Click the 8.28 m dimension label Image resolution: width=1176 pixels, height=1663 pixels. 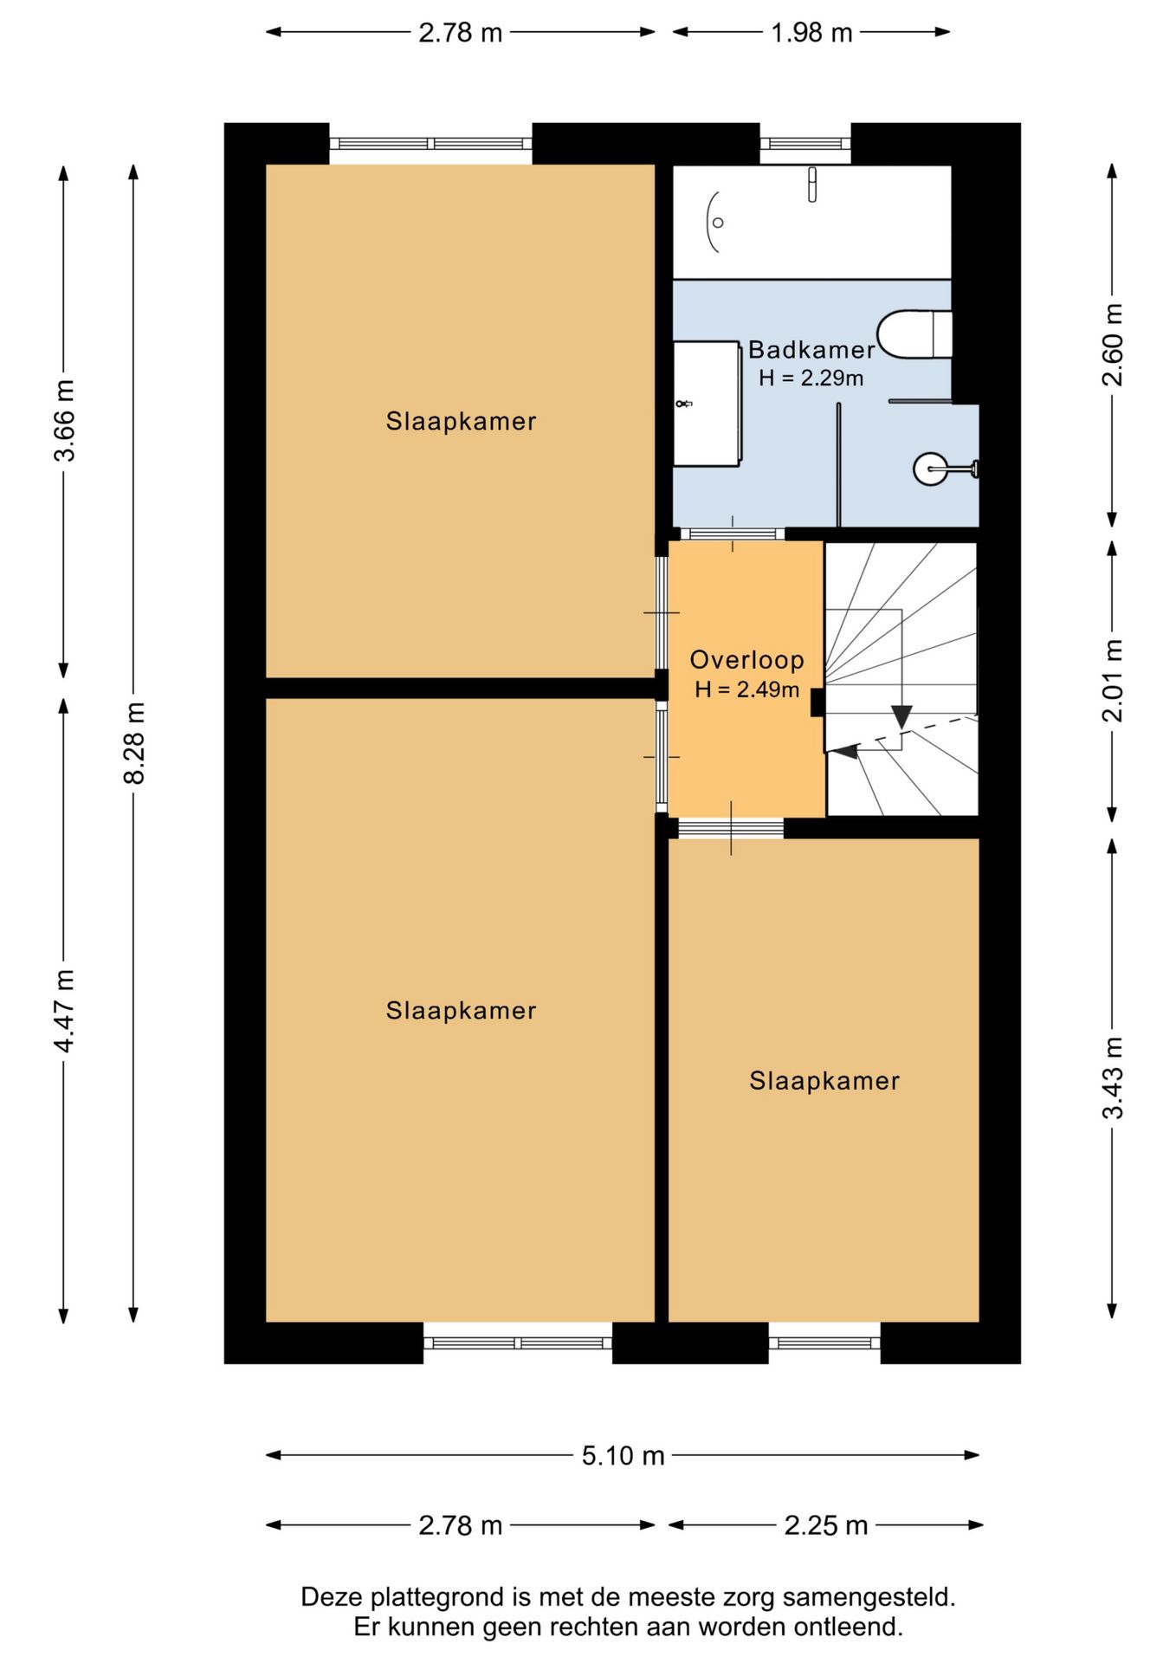point(135,743)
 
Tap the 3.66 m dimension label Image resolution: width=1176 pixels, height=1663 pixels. point(65,420)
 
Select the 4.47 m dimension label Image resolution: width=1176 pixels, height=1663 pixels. point(65,1011)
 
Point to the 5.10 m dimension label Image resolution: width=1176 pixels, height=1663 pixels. point(623,1455)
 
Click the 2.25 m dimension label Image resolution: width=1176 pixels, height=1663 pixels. point(825,1525)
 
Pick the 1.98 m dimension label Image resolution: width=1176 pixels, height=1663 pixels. point(811,33)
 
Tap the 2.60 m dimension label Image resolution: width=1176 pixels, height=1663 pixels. point(1113,345)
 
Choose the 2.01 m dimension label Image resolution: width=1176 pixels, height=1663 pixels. point(1113,681)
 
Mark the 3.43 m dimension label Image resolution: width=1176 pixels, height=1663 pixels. point(1113,1077)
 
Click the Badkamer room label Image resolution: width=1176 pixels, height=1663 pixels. point(811,350)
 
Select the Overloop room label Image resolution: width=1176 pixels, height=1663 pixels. point(746,660)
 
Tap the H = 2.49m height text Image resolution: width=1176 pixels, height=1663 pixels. point(746,689)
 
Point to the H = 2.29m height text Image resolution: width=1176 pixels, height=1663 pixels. point(811,378)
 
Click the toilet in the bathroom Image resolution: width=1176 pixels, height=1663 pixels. point(914,333)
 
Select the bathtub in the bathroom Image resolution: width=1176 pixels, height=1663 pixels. point(812,222)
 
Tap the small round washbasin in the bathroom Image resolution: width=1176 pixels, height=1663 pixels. point(932,469)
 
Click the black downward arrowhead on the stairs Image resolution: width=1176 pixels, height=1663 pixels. point(901,716)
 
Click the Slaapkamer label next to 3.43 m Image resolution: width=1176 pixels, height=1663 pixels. point(824,1081)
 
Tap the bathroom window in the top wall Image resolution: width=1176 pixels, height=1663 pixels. point(805,144)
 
